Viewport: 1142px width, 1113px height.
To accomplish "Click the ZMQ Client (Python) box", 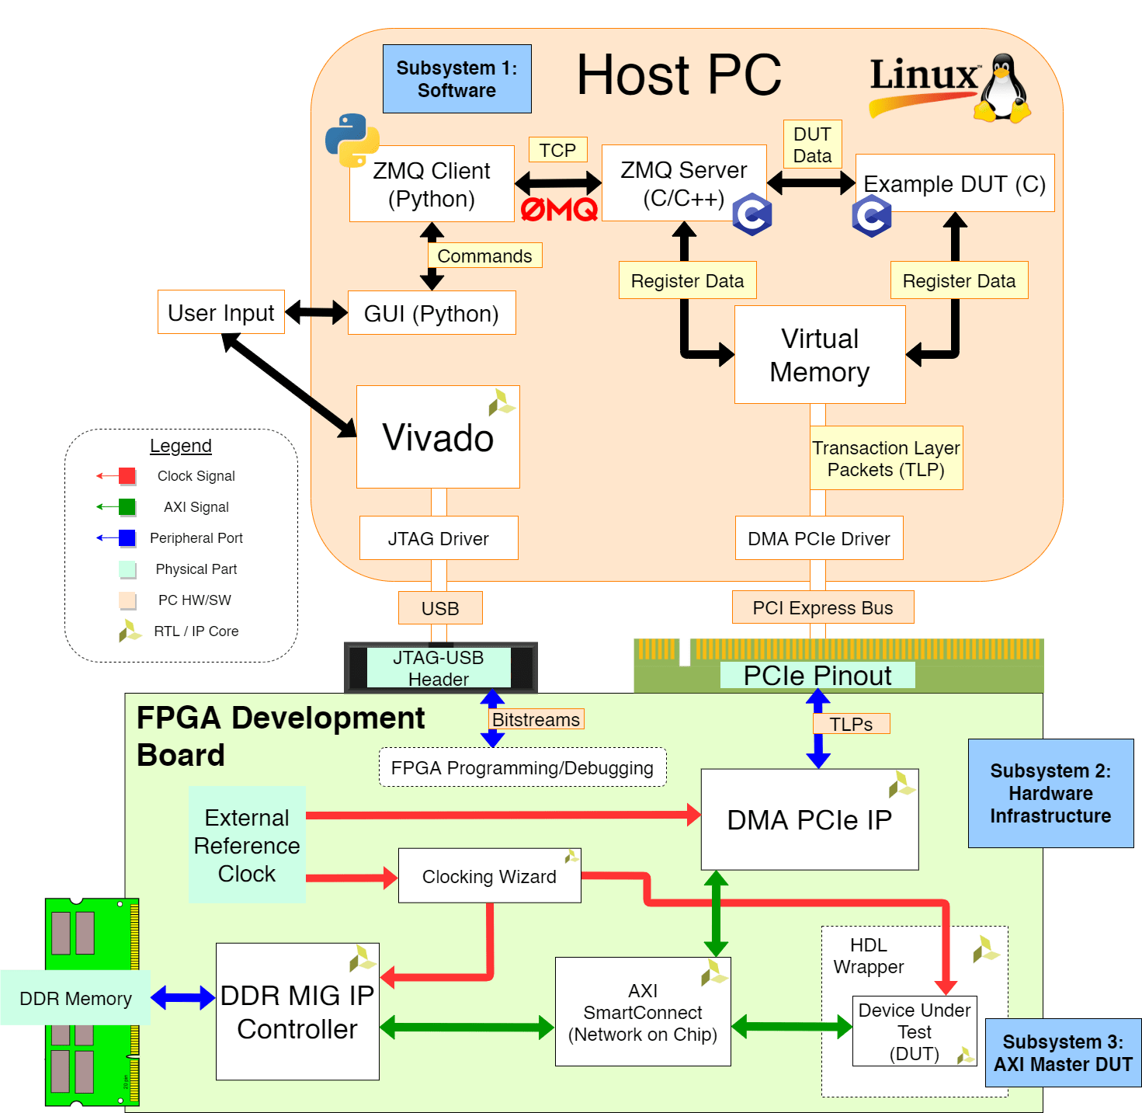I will [x=432, y=184].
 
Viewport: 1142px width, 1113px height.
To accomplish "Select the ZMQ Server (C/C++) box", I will [x=683, y=183].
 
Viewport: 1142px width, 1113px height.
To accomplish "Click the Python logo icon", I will [x=352, y=141].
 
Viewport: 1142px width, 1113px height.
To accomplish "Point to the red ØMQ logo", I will [x=559, y=209].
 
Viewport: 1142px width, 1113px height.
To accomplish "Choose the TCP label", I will [x=557, y=150].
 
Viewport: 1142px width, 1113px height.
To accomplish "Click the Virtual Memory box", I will [x=819, y=355].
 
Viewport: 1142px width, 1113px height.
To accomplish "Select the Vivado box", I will [x=438, y=437].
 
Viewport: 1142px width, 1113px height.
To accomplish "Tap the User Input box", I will [x=221, y=312].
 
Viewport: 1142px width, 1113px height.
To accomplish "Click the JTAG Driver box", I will [x=439, y=538].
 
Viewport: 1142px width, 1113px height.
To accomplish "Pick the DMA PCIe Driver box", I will [x=819, y=538].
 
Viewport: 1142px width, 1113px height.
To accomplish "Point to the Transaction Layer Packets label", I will [x=886, y=458].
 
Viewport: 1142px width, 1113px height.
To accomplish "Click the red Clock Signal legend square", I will [x=127, y=476].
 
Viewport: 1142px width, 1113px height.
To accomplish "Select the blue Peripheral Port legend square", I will [x=127, y=538].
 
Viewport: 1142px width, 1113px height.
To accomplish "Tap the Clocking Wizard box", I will [x=489, y=876].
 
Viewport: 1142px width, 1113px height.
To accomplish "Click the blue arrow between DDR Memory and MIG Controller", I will [x=182, y=998].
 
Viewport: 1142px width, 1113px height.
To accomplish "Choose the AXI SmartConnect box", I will [x=643, y=1012].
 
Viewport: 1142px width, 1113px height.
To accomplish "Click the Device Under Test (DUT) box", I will [x=914, y=1031].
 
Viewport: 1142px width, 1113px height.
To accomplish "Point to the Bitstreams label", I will [x=536, y=720].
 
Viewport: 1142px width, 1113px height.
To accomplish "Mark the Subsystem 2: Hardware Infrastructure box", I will [x=1050, y=793].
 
